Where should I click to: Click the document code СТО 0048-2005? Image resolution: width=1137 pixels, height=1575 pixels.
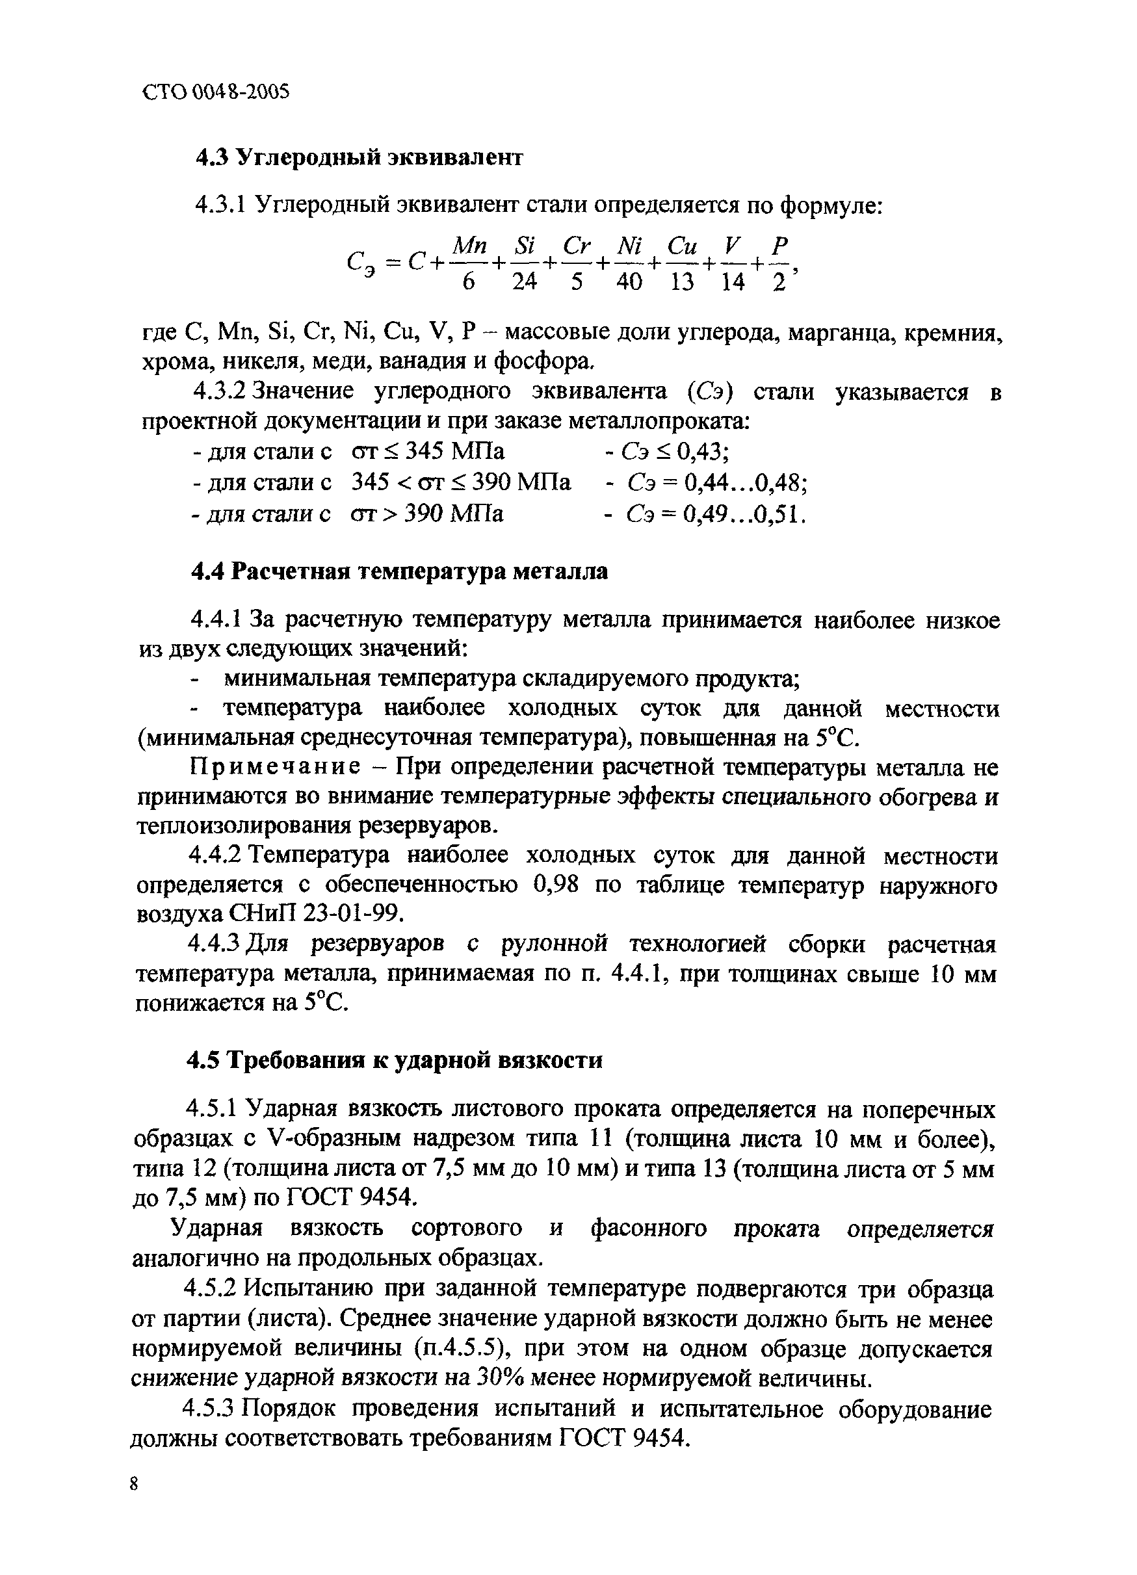pyautogui.click(x=215, y=92)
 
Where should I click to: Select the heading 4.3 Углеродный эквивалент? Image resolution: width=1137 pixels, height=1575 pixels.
pyautogui.click(x=358, y=159)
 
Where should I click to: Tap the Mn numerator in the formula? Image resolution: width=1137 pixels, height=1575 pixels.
pyautogui.click(x=469, y=245)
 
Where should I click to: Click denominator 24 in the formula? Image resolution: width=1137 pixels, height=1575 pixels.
pyautogui.click(x=525, y=283)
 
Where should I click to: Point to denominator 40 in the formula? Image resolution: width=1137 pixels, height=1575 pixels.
pyautogui.click(x=629, y=283)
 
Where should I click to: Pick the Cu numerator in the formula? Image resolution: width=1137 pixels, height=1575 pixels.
pyautogui.click(x=682, y=245)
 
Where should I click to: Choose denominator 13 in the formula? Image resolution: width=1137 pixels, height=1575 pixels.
pyautogui.click(x=682, y=283)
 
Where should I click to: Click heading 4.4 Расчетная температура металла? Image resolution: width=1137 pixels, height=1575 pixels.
pyautogui.click(x=399, y=571)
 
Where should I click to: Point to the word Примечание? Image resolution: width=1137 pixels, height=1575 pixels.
pyautogui.click(x=275, y=768)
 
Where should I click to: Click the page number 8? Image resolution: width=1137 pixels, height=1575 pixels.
pyautogui.click(x=134, y=1484)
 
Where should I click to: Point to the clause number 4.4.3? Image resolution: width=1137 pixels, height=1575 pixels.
pyautogui.click(x=214, y=945)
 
